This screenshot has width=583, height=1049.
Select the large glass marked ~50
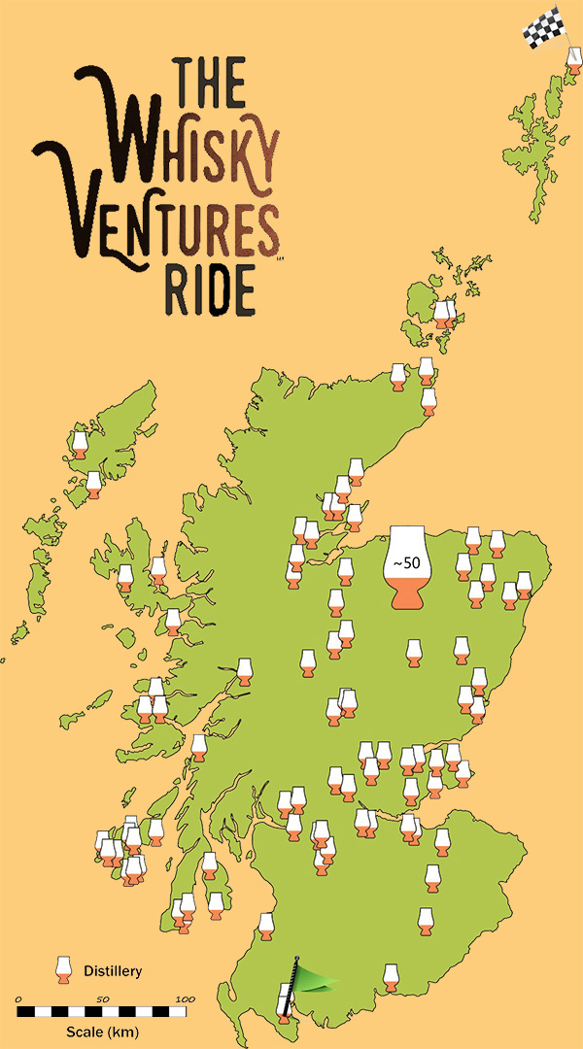point(408,568)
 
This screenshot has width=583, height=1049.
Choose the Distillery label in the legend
point(113,970)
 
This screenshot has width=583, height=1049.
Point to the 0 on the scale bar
point(19,998)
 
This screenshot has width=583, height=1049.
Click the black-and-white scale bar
point(101,1012)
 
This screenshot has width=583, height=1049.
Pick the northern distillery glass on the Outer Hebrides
point(81,445)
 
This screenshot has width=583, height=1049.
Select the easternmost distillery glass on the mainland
point(524,586)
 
